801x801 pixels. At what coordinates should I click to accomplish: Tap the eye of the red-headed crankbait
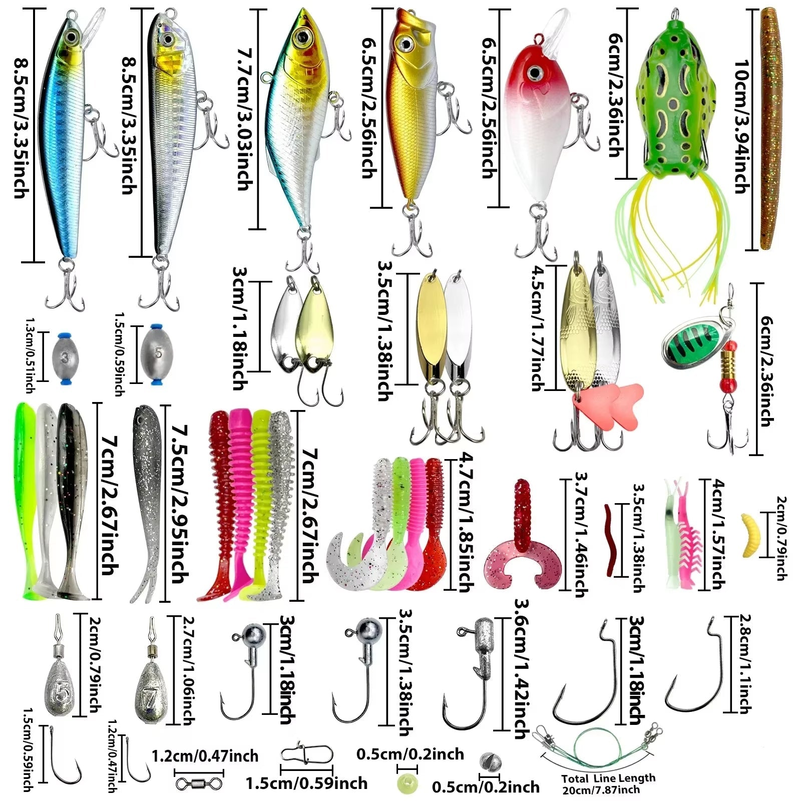(535, 73)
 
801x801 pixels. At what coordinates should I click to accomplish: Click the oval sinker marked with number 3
(65, 358)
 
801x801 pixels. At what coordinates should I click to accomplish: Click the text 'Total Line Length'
(608, 778)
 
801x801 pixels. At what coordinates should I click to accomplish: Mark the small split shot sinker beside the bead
(489, 761)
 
